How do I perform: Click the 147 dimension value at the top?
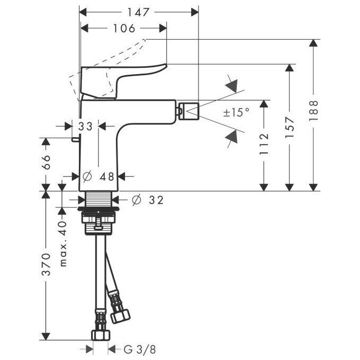(139, 12)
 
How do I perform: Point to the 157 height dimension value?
(289, 127)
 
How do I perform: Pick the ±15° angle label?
(235, 112)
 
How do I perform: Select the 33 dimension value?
(85, 126)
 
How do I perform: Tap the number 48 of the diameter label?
(107, 176)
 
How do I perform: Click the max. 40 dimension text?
(63, 244)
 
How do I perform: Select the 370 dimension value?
(46, 264)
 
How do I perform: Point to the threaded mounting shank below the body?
(98, 200)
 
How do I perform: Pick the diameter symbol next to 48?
(88, 176)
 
